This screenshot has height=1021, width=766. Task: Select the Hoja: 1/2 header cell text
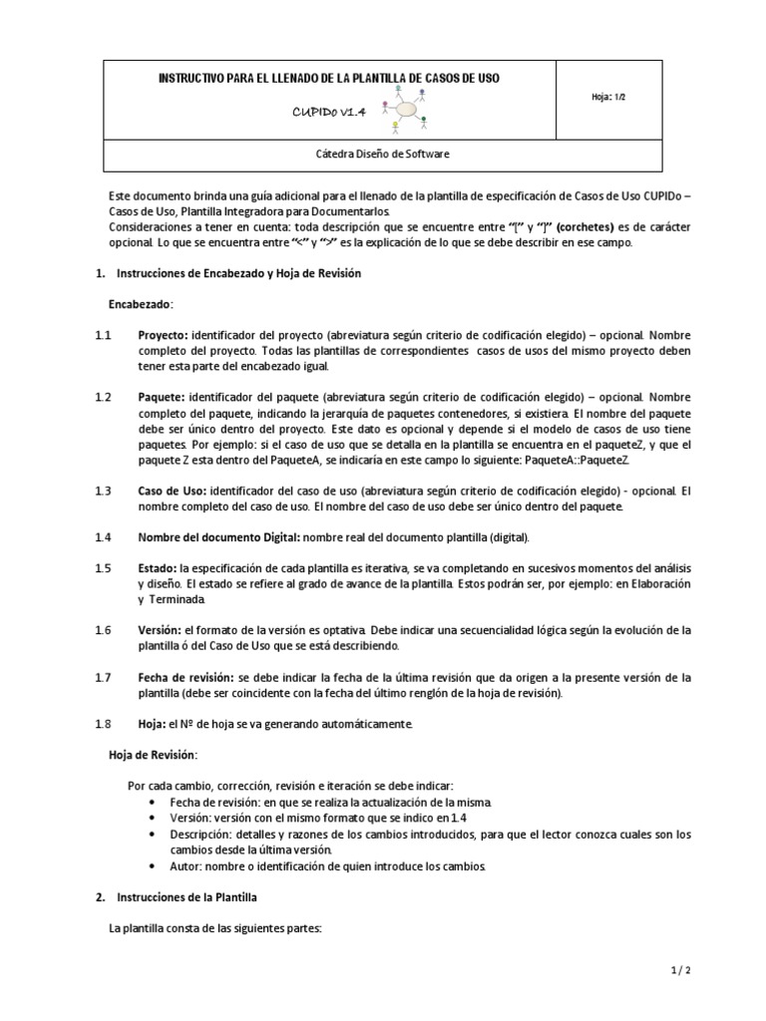[609, 97]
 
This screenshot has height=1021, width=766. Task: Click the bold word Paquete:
[162, 398]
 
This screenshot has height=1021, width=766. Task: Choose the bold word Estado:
[158, 567]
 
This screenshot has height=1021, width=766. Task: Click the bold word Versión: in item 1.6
[160, 631]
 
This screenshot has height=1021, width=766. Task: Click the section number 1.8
[104, 723]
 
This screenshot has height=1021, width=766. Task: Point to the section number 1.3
[104, 492]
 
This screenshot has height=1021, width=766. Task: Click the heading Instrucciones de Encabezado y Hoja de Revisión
[239, 273]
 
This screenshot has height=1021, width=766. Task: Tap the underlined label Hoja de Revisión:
[153, 754]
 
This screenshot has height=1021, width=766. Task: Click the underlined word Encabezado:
[141, 303]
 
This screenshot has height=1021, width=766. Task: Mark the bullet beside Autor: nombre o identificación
[151, 865]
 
